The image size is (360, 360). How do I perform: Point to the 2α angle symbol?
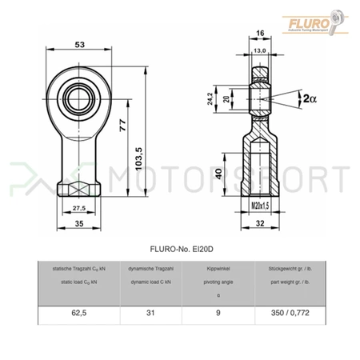click(308, 98)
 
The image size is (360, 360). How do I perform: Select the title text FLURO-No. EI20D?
click(179, 249)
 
